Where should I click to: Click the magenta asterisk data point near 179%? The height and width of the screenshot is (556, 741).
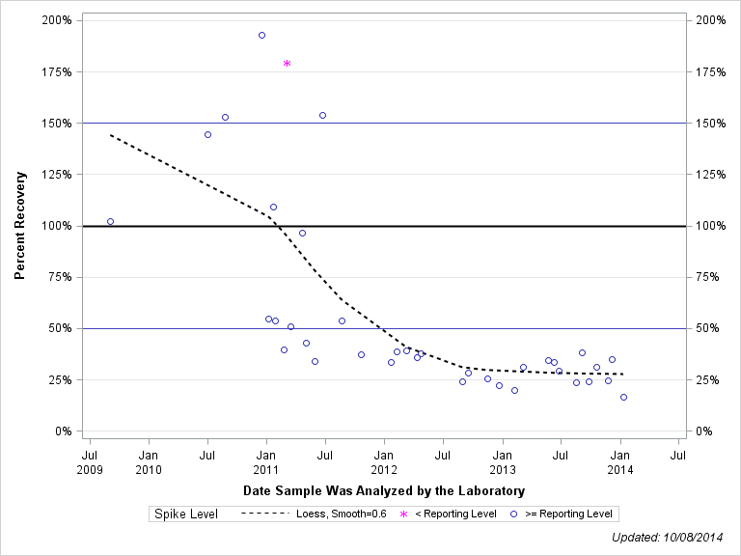(x=287, y=64)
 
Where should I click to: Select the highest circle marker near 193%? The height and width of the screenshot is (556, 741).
(x=261, y=35)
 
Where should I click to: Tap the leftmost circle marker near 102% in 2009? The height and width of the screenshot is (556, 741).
(x=110, y=221)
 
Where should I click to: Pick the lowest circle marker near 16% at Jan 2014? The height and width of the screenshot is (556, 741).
(x=623, y=397)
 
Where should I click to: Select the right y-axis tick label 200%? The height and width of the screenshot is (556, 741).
(x=712, y=20)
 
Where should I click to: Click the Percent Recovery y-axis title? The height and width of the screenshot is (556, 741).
(x=19, y=226)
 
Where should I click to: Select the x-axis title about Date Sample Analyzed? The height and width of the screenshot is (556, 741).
(x=384, y=491)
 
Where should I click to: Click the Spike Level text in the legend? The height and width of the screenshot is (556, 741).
(x=186, y=514)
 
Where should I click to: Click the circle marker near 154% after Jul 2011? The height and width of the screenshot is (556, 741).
(x=322, y=115)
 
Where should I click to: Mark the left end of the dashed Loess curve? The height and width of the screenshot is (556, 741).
(x=111, y=135)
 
